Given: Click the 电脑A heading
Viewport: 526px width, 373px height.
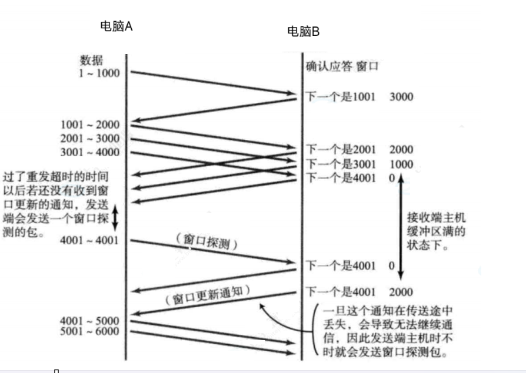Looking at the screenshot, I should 116,26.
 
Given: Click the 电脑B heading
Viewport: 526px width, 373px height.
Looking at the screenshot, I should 303,32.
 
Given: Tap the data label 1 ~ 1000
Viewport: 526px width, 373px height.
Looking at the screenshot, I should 99,73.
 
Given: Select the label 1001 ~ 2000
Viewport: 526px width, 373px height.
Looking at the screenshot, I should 89,125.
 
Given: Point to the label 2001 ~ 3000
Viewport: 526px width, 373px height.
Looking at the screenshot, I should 89,139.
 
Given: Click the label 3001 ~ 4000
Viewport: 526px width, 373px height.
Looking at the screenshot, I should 89,153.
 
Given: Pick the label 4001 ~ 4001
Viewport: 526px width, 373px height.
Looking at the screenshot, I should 89,240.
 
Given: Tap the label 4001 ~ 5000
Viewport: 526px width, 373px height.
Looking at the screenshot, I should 89,321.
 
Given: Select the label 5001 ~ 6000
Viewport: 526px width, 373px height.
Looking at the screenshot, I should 89,332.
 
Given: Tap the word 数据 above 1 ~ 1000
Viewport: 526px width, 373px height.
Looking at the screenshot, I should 91,60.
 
